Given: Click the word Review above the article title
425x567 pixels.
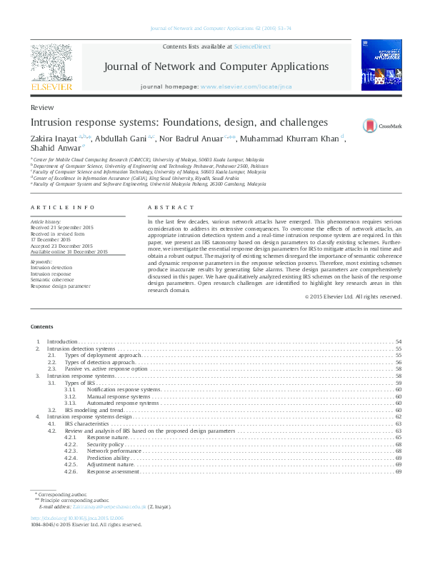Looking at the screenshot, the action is point(42,106).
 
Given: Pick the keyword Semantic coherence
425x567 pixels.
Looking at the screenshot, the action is point(51,279).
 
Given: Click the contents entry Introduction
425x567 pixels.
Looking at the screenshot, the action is point(62,343).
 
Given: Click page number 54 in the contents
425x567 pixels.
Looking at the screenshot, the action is point(399,343).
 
